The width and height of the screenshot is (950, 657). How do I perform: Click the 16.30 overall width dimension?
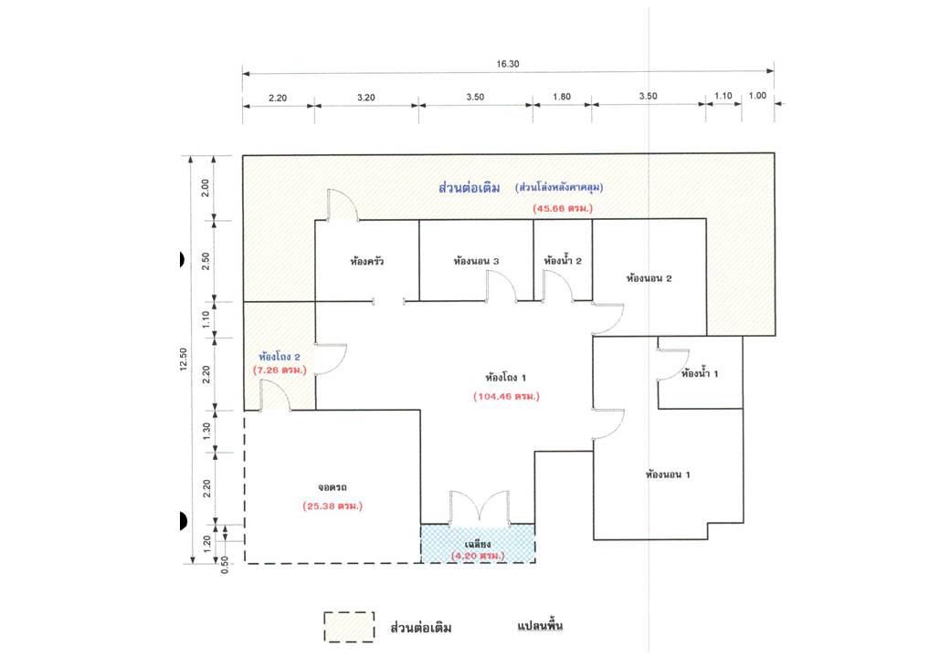508,64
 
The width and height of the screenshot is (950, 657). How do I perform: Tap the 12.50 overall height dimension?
184,359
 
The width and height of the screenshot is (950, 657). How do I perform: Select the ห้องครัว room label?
366,261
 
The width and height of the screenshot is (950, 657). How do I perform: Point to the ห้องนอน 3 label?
476,261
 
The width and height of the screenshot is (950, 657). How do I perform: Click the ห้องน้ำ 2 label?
563,261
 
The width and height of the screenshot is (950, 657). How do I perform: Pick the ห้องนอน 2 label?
649,278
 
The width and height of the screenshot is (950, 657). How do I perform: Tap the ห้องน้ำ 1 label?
700,373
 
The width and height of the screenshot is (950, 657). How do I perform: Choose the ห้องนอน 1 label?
668,474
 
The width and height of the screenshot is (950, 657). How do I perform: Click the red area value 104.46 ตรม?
506,396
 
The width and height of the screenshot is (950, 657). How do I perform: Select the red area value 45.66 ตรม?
563,208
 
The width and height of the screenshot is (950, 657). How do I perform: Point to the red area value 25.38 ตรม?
332,506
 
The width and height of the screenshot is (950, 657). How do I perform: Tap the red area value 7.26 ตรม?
280,369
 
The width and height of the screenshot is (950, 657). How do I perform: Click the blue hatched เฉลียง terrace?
478,543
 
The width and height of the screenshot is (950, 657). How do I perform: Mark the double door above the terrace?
480,507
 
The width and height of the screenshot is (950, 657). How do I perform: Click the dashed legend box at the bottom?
349,627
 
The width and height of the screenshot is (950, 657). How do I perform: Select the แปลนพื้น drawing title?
540,626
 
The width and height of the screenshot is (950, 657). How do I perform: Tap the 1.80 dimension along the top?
562,96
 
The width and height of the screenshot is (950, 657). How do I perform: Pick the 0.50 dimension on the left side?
225,565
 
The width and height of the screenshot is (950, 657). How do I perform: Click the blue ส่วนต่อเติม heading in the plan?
470,188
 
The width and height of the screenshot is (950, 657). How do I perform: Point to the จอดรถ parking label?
332,487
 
